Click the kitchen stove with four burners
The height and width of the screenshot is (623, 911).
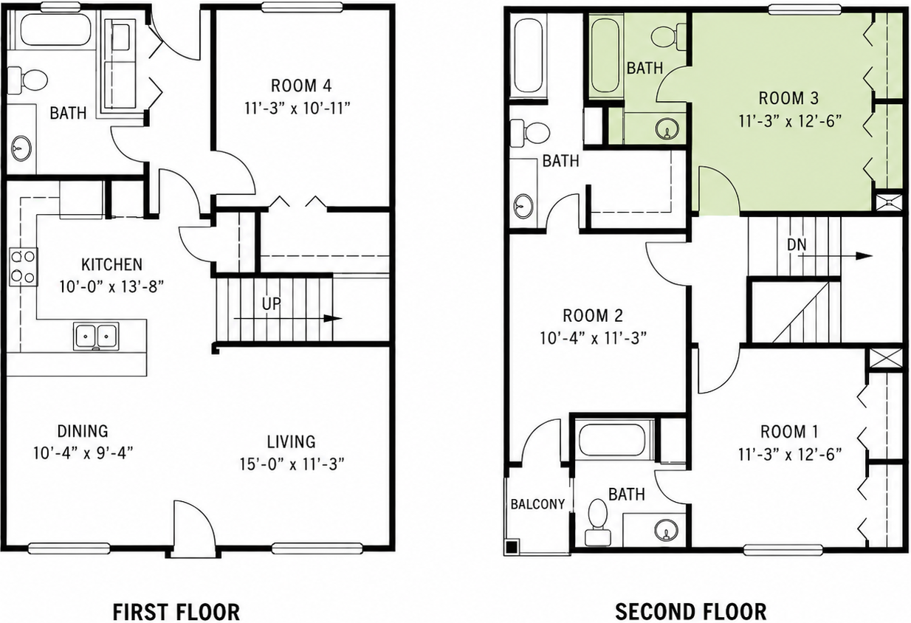pos(24,266)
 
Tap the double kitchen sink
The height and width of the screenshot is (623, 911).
pos(97,337)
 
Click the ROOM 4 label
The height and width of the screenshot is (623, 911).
pos(301,86)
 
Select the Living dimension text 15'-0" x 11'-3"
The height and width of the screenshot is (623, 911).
pos(292,464)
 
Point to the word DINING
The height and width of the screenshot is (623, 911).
pos(83,431)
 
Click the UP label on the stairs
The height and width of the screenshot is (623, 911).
pos(272,304)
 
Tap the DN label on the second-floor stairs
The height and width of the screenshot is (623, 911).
pos(797,245)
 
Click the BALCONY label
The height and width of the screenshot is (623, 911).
pos(537,504)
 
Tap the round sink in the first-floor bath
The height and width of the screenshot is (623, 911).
pos(21,149)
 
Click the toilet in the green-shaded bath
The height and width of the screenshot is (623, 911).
pos(669,37)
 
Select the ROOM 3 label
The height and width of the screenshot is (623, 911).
pos(788,98)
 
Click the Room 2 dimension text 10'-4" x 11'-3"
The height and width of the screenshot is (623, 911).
pos(594,338)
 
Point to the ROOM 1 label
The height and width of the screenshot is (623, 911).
pos(789,432)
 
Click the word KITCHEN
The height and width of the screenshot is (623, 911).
pos(111,265)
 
